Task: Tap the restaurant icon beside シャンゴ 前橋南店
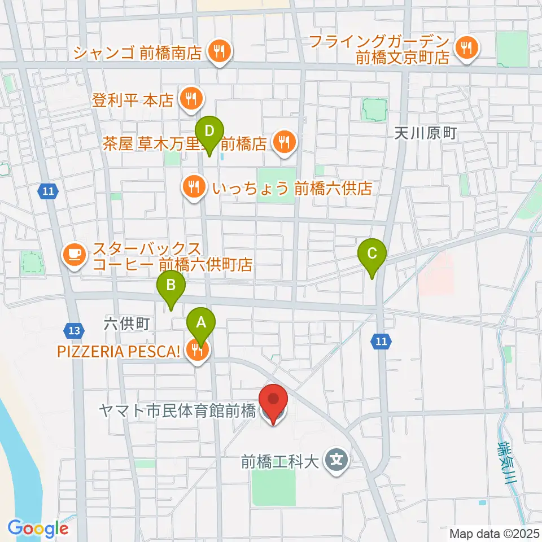(x=217, y=53)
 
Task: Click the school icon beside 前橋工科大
(x=337, y=462)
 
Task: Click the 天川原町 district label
(x=425, y=134)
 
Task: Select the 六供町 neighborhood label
(x=126, y=324)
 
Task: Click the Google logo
(x=38, y=528)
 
